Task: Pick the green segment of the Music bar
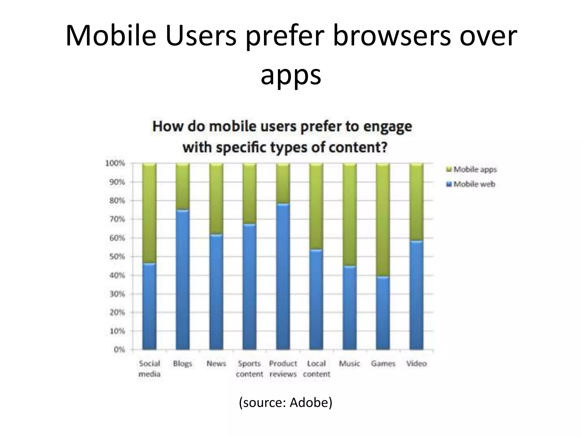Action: pyautogui.click(x=350, y=215)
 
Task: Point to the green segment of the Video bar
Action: pyautogui.click(x=416, y=202)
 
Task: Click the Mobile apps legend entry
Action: pyautogui.click(x=472, y=170)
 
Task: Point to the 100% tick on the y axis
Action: pyautogui.click(x=115, y=163)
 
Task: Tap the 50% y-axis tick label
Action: pyautogui.click(x=117, y=257)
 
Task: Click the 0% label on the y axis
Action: pyautogui.click(x=119, y=350)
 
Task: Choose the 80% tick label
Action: pyautogui.click(x=117, y=201)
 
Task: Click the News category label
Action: pyautogui.click(x=216, y=364)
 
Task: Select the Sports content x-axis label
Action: pyautogui.click(x=250, y=369)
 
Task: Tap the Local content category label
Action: pyautogui.click(x=316, y=369)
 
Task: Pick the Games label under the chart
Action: pyautogui.click(x=383, y=364)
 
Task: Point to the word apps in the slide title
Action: pyautogui.click(x=291, y=75)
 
